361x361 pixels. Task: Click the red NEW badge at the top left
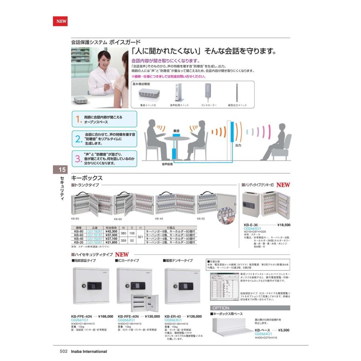(60, 22)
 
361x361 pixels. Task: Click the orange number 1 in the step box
(79, 119)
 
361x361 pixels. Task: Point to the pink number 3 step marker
(79, 159)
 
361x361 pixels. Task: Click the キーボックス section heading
(87, 178)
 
